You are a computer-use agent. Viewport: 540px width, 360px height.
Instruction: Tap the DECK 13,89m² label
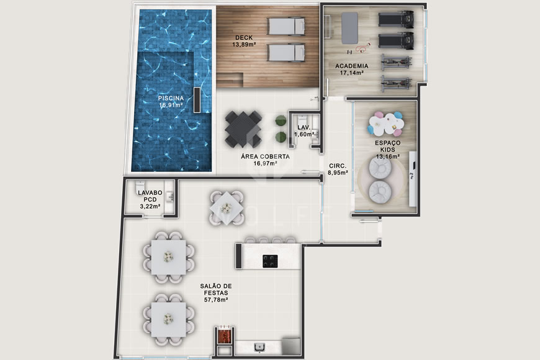(243, 41)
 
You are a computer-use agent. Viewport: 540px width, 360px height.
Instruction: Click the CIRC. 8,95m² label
(338, 169)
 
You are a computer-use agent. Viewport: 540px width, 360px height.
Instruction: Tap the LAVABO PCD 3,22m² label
(149, 199)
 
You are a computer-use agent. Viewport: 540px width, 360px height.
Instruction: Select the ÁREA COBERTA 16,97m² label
(265, 160)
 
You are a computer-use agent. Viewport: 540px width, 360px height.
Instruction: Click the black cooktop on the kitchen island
(270, 261)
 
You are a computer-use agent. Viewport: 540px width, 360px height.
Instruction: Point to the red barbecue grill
(223, 335)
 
